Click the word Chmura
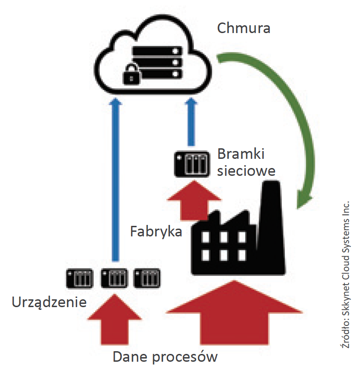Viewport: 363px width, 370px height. tap(244, 28)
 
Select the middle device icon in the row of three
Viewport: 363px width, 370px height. tap(114, 278)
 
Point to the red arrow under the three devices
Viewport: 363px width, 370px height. tap(114, 321)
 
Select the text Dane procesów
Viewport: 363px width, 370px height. tap(165, 357)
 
